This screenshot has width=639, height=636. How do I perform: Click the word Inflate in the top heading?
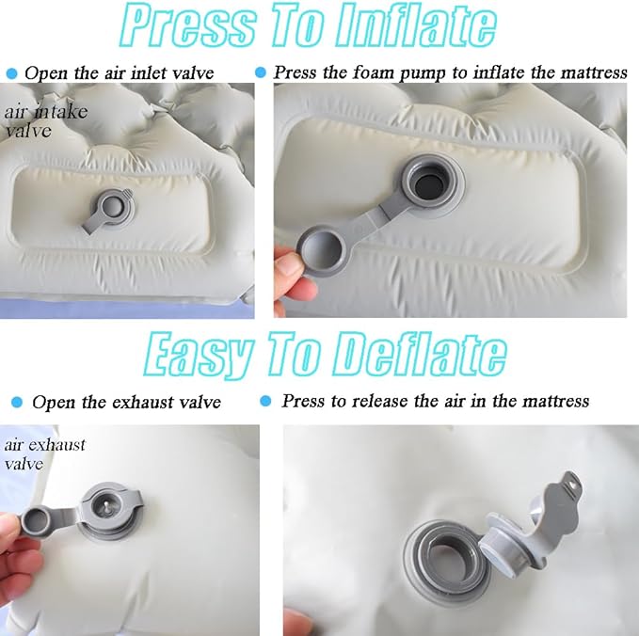pos(417,25)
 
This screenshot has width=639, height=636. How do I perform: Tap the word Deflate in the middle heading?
pos(420,356)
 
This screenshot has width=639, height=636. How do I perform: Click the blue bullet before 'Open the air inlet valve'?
pos(12,73)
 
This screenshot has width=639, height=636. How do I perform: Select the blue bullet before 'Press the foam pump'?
pos(261,72)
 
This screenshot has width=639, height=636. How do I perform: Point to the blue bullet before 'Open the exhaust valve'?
pos(17,403)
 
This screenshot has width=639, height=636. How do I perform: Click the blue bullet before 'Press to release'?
pos(265,401)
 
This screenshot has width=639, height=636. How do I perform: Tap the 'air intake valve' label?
pos(45,121)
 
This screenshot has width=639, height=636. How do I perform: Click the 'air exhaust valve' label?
pos(45,453)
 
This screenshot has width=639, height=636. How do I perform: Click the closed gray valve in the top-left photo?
pos(108,210)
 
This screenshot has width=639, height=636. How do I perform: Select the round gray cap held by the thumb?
pos(322,249)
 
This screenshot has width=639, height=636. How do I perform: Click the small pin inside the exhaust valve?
pos(106,505)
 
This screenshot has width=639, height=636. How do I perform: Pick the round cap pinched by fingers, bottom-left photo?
pos(37,521)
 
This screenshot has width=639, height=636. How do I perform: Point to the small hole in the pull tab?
pos(573,485)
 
